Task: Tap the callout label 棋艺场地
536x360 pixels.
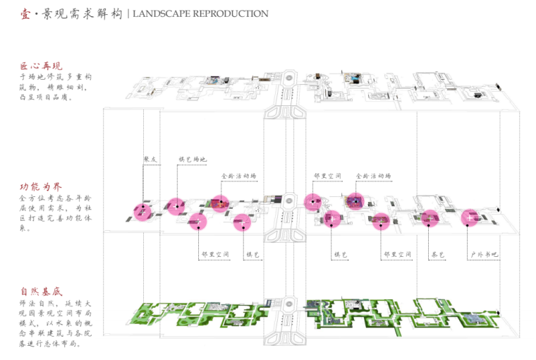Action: pyautogui.click(x=192, y=160)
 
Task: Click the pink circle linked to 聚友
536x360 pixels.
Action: pyautogui.click(x=143, y=211)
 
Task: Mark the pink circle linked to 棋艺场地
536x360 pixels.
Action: pyautogui.click(x=176, y=205)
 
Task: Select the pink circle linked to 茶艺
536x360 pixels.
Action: pyautogui.click(x=430, y=219)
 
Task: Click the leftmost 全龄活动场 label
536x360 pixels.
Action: pyautogui.click(x=239, y=175)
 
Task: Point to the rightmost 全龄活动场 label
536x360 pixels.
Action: pyautogui.click(x=372, y=175)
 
